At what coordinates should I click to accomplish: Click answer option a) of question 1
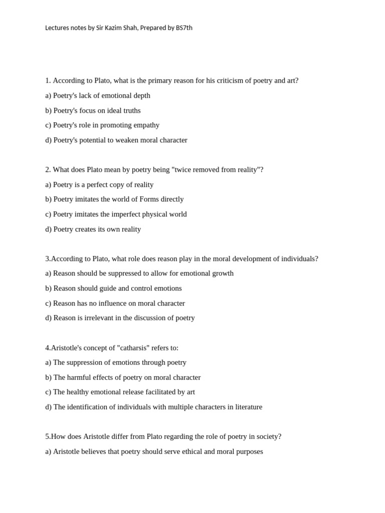(98, 96)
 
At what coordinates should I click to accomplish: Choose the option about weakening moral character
(116, 140)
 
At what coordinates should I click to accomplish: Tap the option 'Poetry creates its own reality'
(93, 229)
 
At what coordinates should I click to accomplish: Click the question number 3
(48, 259)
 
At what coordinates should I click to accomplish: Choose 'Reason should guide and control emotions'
(113, 289)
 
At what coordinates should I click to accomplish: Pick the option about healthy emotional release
(120, 392)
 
